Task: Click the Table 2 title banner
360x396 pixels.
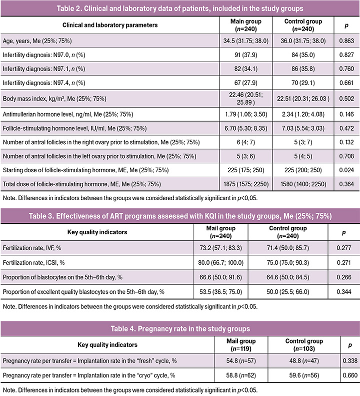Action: (180, 9)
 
